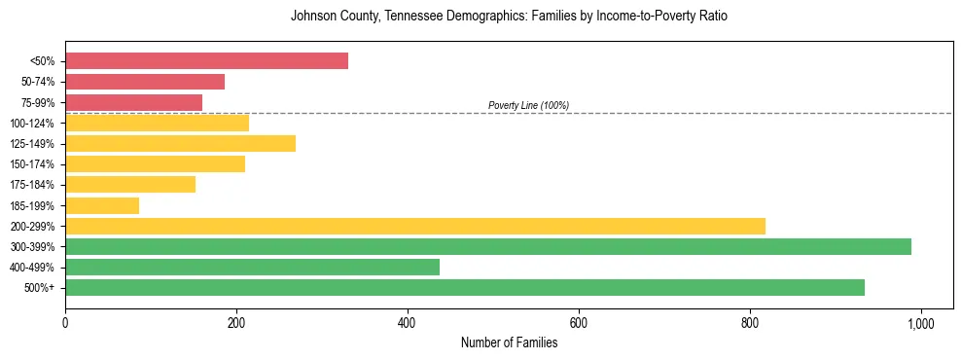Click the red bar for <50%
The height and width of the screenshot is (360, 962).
point(206,61)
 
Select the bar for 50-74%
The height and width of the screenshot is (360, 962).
point(145,82)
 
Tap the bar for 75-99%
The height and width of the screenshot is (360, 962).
point(133,102)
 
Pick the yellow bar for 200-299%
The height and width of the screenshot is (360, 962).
point(415,226)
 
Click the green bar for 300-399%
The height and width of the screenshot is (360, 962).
point(488,246)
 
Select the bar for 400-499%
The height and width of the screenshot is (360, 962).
point(252,267)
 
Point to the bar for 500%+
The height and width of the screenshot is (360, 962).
point(465,287)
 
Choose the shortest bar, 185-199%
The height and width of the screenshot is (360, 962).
point(102,205)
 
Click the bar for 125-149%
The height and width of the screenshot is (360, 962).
point(180,144)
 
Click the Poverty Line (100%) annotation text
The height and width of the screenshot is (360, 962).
point(528,105)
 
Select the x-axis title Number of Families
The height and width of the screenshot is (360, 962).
point(509,342)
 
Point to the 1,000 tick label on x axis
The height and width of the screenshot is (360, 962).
point(920,322)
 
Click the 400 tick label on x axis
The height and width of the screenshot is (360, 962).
point(408,322)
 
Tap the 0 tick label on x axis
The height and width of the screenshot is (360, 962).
point(65,322)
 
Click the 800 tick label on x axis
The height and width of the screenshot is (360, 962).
point(749,322)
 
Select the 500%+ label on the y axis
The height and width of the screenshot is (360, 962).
point(42,288)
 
